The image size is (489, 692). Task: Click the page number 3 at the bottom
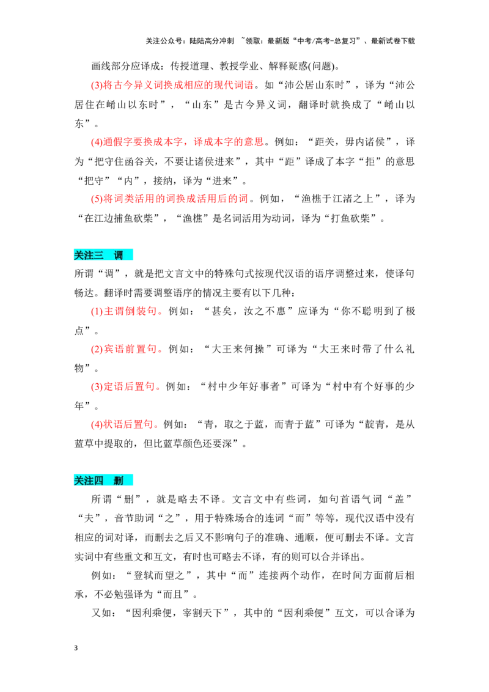(x=76, y=648)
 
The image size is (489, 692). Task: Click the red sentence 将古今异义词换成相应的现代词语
(x=178, y=85)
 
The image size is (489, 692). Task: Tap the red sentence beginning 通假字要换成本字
(x=183, y=142)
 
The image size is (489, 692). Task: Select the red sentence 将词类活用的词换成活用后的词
(x=175, y=199)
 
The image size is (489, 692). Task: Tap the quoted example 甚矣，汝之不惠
(x=249, y=311)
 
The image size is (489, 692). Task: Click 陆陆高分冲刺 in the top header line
(x=212, y=41)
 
